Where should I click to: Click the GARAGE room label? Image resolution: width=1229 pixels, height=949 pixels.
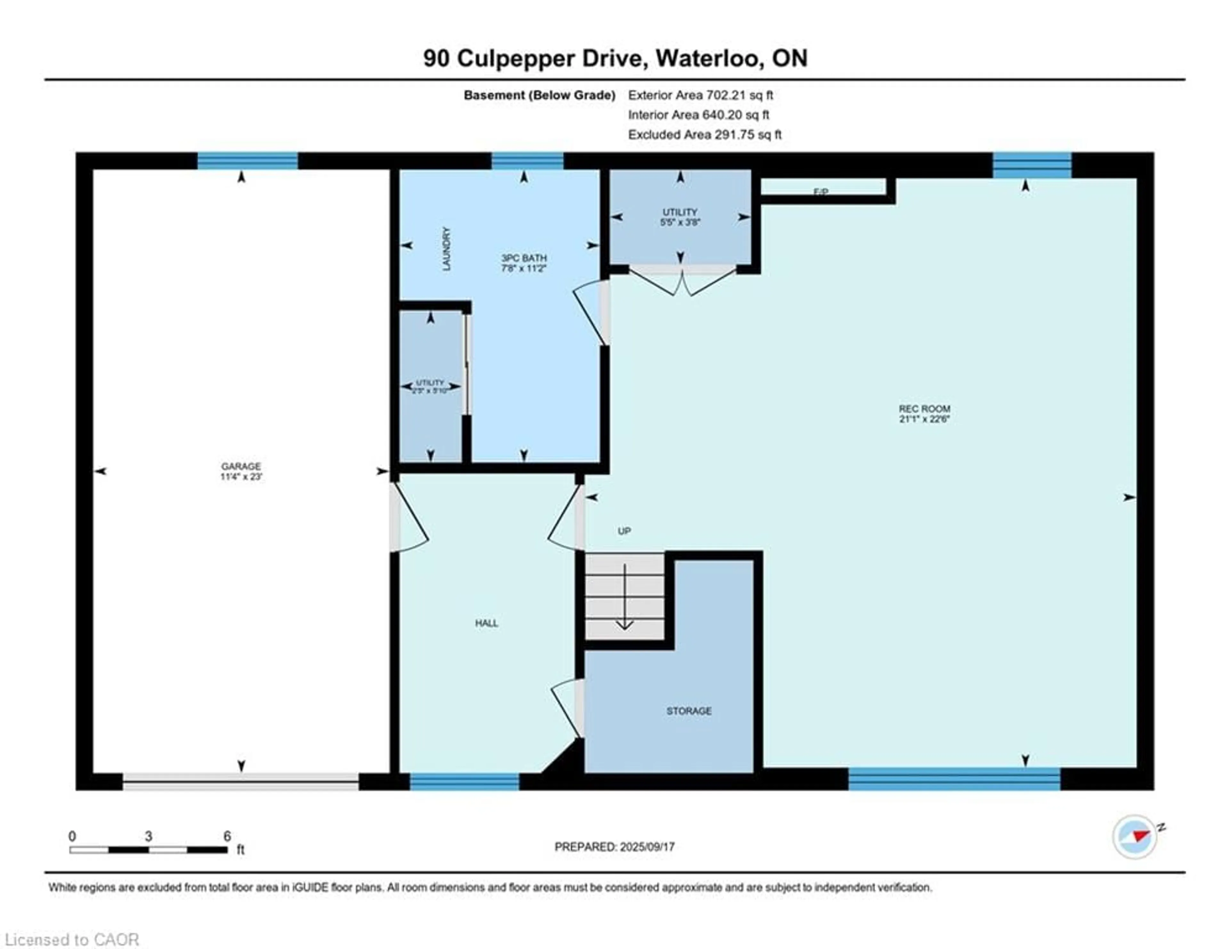pos(241,466)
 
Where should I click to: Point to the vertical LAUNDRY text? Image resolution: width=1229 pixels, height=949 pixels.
pos(447,249)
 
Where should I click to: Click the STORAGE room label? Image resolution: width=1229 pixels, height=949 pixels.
pos(689,711)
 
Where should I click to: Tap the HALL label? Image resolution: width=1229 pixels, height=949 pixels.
pos(486,623)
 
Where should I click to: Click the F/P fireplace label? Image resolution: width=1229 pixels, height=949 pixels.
pos(821,192)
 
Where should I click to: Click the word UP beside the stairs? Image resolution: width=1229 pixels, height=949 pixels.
pos(624,531)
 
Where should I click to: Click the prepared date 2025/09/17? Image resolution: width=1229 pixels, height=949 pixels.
pos(647,847)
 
